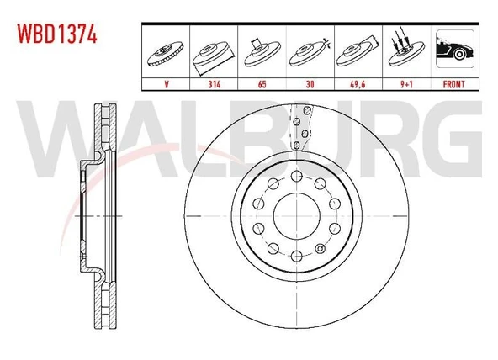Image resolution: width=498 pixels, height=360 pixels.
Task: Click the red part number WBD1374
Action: tap(57, 34)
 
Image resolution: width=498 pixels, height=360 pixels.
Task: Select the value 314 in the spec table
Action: tap(215, 84)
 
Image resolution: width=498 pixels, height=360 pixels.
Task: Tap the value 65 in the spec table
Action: tap(262, 84)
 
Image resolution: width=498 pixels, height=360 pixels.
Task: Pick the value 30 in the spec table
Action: tap(310, 84)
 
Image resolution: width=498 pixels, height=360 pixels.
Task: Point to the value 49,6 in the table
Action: tap(358, 84)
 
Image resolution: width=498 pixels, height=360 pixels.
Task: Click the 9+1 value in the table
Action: tap(406, 84)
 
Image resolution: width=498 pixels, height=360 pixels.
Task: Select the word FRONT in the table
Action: tap(454, 84)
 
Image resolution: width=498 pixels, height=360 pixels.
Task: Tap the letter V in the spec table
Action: tap(167, 84)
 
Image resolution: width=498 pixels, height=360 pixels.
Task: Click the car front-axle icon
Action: tap(455, 49)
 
